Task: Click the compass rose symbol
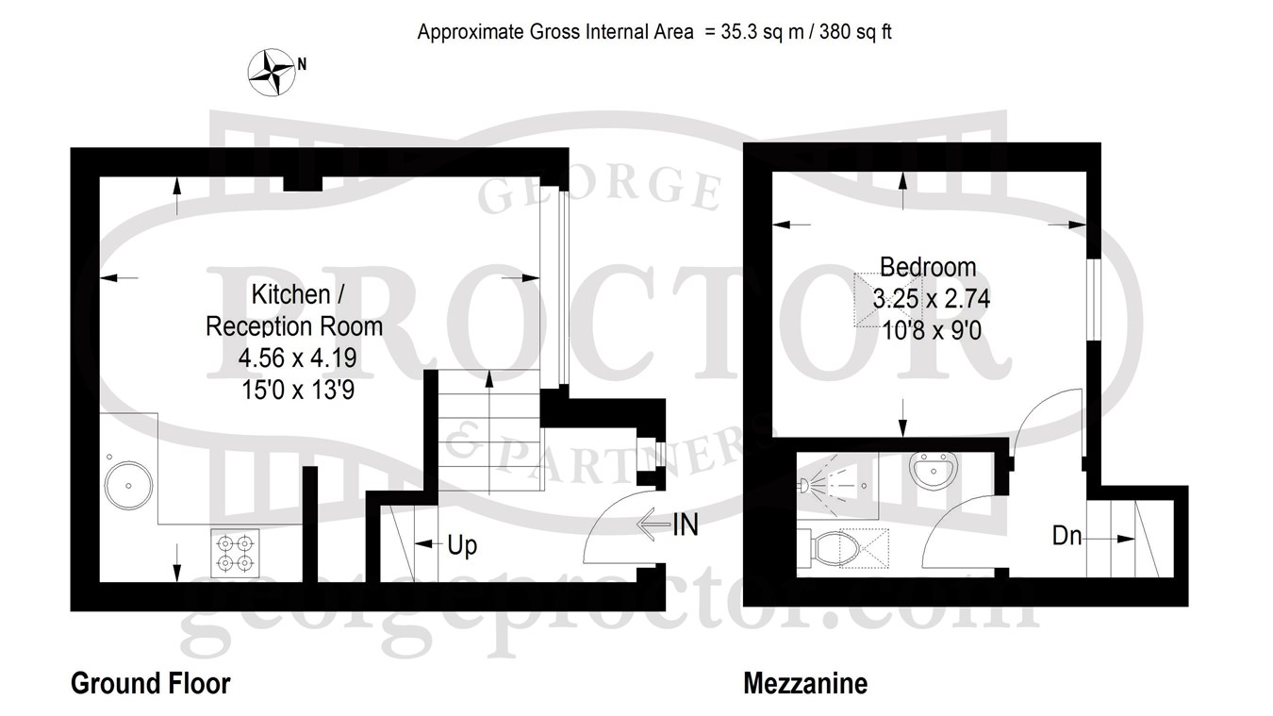272,73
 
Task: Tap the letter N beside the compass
302,64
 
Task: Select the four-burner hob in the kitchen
236,554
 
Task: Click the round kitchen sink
128,485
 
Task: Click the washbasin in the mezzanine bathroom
934,470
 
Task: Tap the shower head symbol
803,485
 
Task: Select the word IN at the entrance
686,525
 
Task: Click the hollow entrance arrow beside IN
653,524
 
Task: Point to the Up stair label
462,546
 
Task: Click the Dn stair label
1066,536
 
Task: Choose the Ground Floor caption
151,683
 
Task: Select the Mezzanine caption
805,684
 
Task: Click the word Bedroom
928,267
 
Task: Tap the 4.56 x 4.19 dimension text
297,358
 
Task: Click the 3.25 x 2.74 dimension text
932,299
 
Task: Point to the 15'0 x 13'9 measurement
298,391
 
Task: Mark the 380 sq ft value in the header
855,32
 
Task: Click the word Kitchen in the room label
290,294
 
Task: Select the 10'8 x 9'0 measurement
932,330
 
